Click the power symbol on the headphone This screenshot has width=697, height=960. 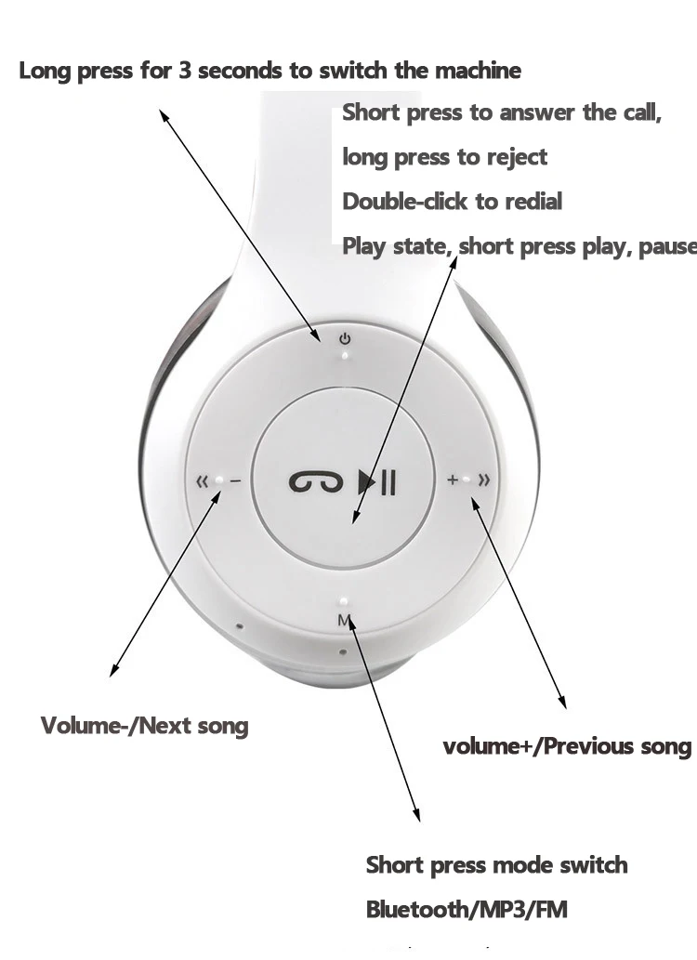coord(344,338)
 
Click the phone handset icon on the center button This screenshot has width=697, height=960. coord(309,481)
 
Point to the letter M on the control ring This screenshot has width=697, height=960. coord(344,620)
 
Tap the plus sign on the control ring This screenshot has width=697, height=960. coord(453,480)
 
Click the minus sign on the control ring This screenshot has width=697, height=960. coord(235,481)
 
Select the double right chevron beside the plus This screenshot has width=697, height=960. coord(483,480)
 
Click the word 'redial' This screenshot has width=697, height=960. coord(533,202)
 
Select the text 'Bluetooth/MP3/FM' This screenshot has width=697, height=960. coord(467,909)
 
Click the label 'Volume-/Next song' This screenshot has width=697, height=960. coord(145,726)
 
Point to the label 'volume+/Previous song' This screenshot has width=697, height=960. coord(567,746)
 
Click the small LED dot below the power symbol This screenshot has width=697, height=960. coord(345,354)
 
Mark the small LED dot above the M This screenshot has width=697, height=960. coord(344,600)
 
